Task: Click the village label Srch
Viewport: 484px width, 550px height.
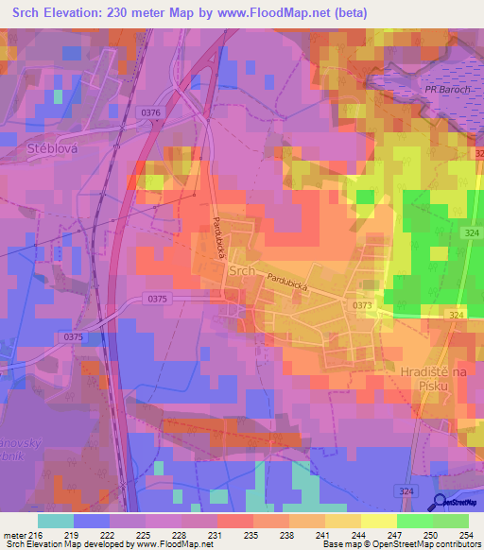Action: click(241, 270)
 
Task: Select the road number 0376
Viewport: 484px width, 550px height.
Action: click(152, 112)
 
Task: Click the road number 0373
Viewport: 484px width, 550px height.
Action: click(362, 304)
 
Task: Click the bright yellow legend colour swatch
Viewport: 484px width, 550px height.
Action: click(378, 521)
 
